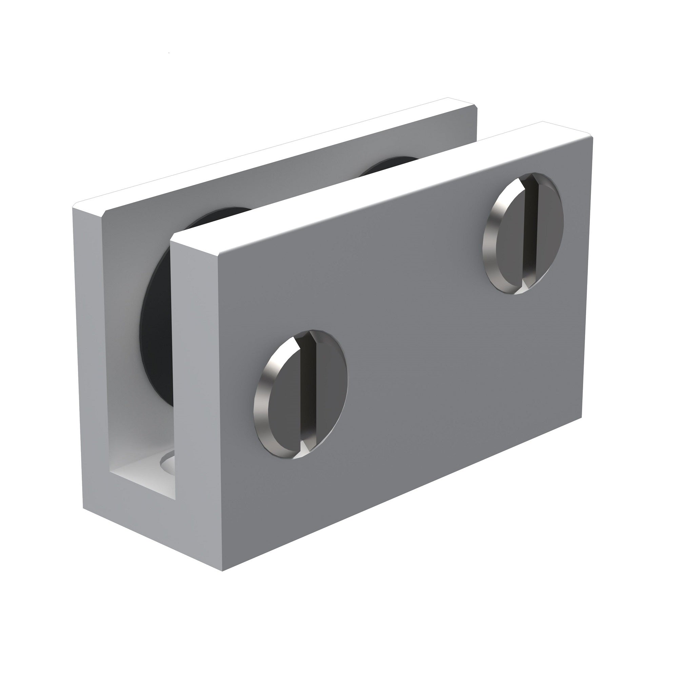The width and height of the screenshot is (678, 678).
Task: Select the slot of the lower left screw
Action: pyautogui.click(x=308, y=393)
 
